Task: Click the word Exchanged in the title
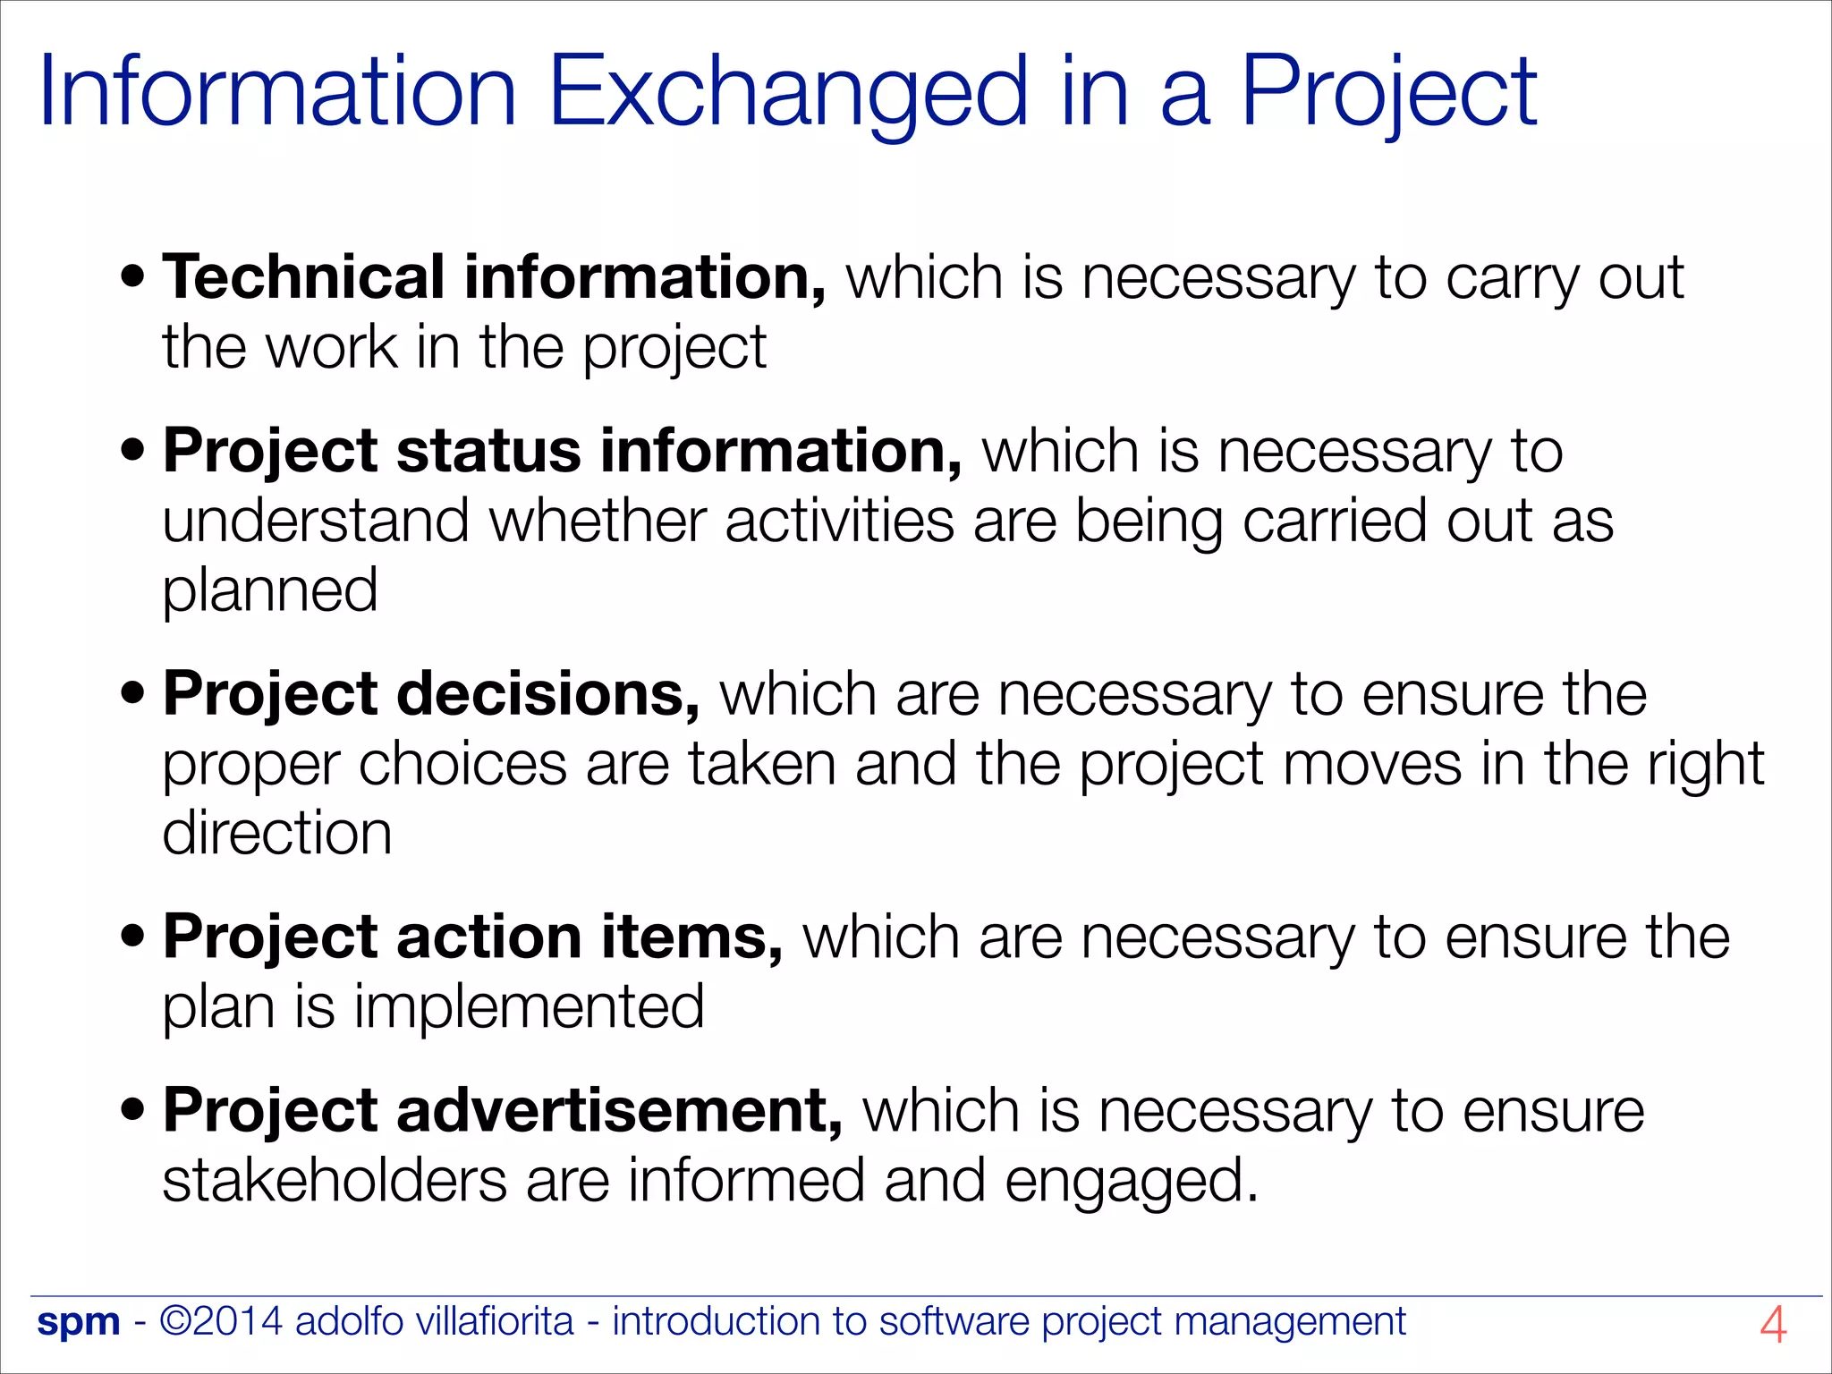787,92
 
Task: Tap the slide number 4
1772,1325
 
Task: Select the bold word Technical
303,277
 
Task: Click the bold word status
488,451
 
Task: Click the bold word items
692,937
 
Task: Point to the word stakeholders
335,1181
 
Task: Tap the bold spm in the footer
79,1322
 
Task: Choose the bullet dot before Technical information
133,277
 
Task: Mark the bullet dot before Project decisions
133,694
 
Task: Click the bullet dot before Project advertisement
133,1111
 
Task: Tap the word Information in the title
278,92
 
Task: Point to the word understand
316,522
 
